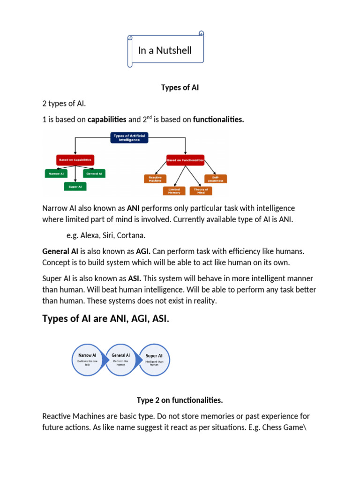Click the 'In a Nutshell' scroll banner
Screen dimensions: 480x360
pos(165,50)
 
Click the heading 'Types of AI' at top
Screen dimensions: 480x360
pos(180,88)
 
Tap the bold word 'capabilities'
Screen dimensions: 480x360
pos(107,120)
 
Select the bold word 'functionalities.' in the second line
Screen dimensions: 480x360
pos(218,120)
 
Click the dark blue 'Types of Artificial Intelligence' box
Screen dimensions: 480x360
pos(129,138)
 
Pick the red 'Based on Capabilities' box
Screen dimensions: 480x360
pos(75,160)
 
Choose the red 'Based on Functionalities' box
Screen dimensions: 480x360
pos(185,160)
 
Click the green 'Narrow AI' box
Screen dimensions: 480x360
pos(56,173)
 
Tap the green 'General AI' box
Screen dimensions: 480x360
pos(94,173)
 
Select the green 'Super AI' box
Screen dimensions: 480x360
pos(75,187)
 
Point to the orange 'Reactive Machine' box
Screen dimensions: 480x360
pos(155,179)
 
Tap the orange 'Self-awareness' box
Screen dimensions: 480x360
pos(216,179)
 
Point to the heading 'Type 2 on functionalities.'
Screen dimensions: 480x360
pos(180,400)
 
